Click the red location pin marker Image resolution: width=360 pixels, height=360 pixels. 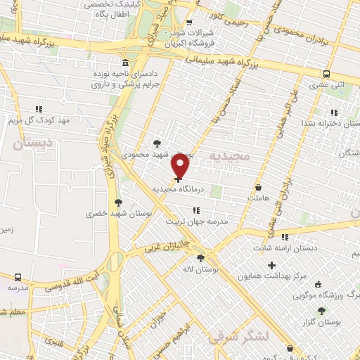(181, 165)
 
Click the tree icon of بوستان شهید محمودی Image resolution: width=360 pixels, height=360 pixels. (157, 143)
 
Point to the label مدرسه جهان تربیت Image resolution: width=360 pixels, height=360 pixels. (198, 221)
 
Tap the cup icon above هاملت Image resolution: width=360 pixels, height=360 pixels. (259, 188)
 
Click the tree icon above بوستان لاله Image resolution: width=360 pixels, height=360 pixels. (201, 258)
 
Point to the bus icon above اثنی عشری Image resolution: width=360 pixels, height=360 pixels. (326, 73)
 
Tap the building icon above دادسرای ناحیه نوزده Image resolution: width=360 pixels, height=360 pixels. (124, 62)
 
